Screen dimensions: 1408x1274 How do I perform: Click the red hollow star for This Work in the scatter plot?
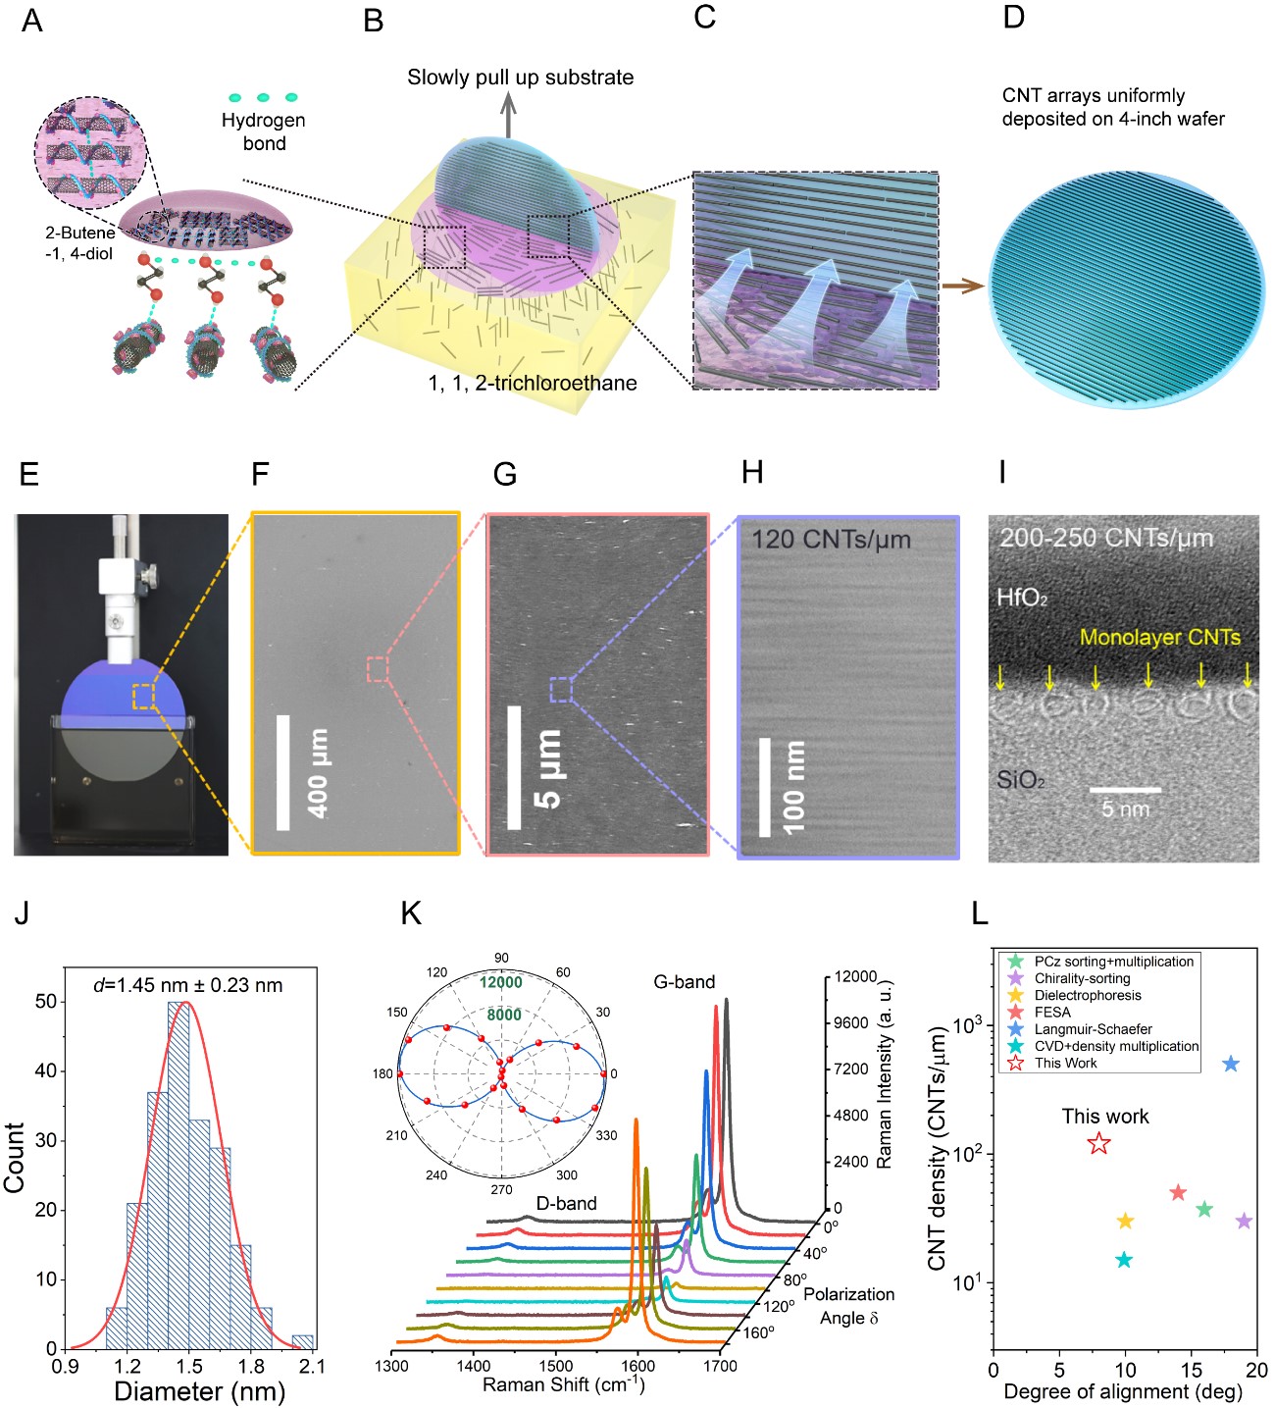click(x=1099, y=1143)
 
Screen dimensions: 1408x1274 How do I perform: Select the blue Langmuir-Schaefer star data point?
click(x=1231, y=1065)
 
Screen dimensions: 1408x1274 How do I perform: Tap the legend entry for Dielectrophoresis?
click(x=1088, y=995)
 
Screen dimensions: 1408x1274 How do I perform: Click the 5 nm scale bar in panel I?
click(x=1125, y=789)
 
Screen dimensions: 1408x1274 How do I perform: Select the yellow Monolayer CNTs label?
click(x=1159, y=638)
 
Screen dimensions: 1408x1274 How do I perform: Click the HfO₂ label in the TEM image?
click(x=1022, y=598)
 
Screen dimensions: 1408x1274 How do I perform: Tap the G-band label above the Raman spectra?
click(x=684, y=981)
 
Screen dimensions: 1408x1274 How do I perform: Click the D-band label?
click(x=566, y=1203)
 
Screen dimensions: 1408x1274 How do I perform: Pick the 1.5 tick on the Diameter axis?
click(x=189, y=1367)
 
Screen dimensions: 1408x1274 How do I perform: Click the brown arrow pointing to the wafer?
click(x=962, y=287)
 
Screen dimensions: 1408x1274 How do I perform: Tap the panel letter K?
click(x=411, y=913)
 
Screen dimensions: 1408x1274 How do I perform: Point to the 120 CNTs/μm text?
click(x=831, y=540)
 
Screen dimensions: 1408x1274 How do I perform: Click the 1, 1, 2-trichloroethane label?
click(x=533, y=383)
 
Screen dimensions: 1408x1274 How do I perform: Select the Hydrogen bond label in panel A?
click(x=263, y=131)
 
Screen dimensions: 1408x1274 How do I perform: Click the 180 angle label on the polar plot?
click(x=382, y=1073)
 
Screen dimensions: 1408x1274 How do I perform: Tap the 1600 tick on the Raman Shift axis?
click(x=637, y=1365)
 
